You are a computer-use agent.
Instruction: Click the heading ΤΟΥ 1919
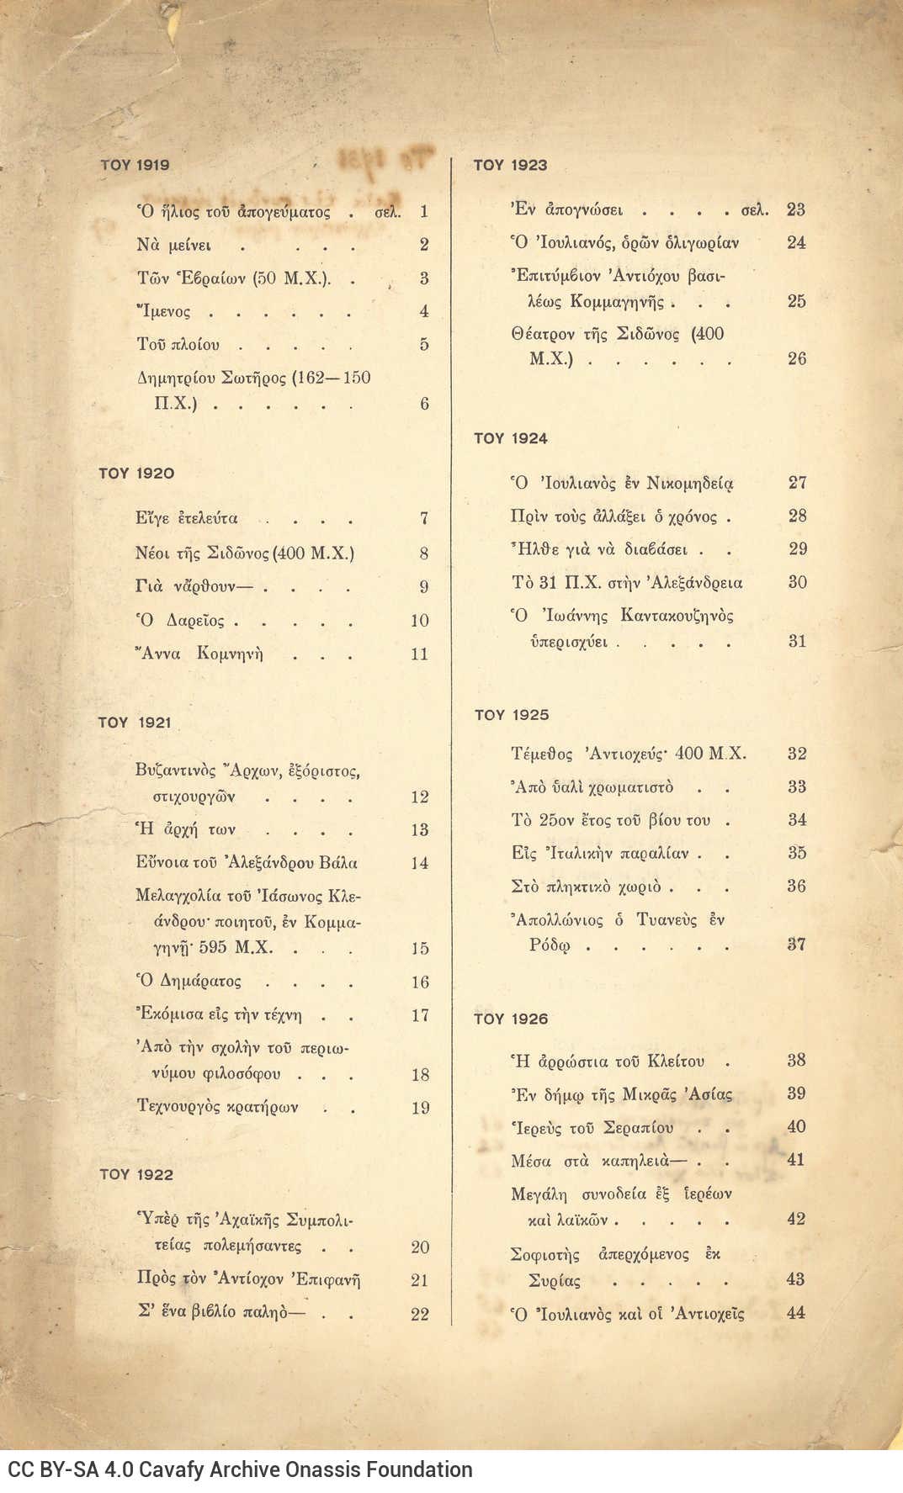click(x=135, y=165)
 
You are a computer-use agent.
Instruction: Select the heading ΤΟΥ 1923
click(x=510, y=165)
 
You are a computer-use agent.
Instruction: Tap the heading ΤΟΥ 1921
click(x=135, y=723)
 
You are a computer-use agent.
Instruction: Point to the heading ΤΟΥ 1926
click(x=510, y=1019)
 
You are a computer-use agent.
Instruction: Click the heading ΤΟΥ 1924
click(x=510, y=438)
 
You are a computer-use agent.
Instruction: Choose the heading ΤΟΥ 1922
click(x=136, y=1174)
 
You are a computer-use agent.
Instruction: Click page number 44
click(x=795, y=1312)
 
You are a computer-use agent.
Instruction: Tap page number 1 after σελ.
click(x=424, y=211)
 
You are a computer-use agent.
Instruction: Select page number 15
click(x=420, y=948)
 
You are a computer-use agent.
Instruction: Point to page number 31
click(x=797, y=641)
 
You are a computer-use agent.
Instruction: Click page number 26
click(x=796, y=358)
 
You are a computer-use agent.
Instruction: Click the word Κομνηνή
click(x=230, y=654)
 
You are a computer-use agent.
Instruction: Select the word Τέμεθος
click(x=542, y=754)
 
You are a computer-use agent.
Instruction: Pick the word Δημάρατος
click(x=200, y=981)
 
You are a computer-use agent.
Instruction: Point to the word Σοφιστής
click(x=545, y=1255)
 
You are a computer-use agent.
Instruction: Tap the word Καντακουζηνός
click(x=677, y=616)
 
